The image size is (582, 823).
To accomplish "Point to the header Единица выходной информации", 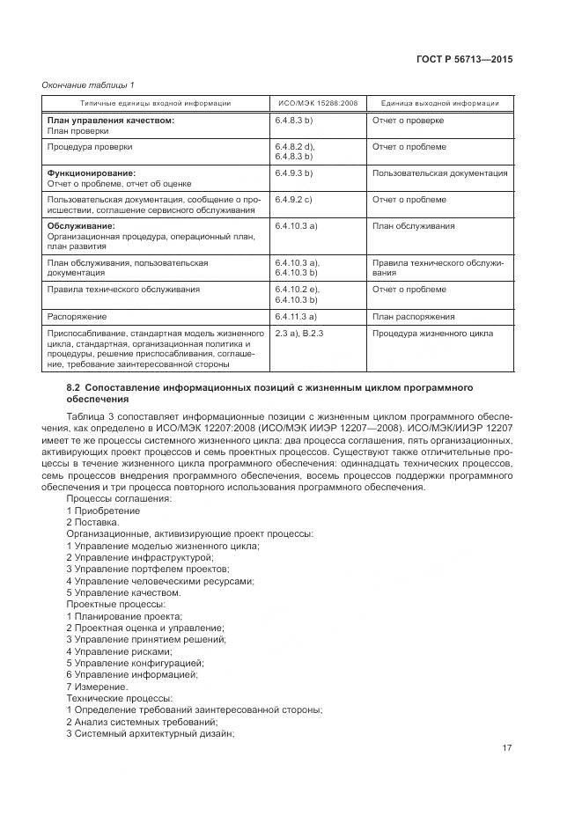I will tap(439, 103).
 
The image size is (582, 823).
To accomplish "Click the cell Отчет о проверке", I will tap(408, 120).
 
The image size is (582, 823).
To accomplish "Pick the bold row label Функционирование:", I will tap(92, 173).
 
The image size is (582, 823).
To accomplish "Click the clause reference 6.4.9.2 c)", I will tap(295, 200).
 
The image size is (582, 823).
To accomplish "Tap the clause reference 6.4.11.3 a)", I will tap(297, 316).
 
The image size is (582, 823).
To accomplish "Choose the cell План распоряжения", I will tap(413, 316).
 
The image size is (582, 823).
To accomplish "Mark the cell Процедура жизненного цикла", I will tap(431, 334).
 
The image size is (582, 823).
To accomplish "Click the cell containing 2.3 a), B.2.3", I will tap(300, 334).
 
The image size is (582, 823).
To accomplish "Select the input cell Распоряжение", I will tap(77, 316).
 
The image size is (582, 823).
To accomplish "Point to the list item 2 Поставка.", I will tap(93, 521).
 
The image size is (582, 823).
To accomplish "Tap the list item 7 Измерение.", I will tap(97, 686).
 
